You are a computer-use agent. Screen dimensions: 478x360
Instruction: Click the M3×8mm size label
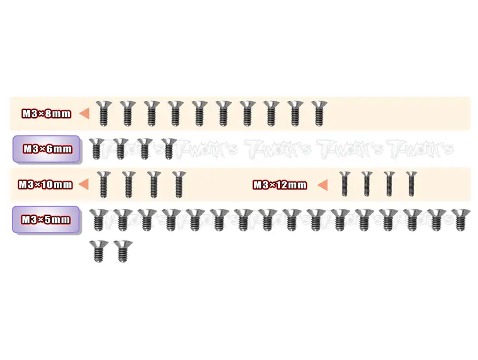coord(47,114)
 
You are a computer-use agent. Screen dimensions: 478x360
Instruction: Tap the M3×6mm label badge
coord(47,149)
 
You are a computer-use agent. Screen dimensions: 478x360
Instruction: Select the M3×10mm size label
coord(45,185)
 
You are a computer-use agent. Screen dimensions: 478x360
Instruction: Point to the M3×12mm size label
coord(280,185)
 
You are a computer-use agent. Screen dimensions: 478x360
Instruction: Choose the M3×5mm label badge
coord(46,219)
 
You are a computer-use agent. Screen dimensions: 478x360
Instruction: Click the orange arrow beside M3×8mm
coord(84,114)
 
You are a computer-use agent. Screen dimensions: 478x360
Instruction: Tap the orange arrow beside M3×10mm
coord(83,184)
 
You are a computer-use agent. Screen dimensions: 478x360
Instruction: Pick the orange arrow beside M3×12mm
coord(322,185)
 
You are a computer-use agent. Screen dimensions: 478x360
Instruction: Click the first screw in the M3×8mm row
coord(104,114)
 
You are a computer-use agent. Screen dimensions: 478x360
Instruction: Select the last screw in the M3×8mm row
coord(319,114)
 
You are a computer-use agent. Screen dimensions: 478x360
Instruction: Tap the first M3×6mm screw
coord(97,148)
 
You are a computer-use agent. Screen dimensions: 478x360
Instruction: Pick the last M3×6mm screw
coord(169,148)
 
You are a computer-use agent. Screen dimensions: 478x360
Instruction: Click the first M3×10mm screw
coord(103,185)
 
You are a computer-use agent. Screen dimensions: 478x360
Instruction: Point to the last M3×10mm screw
coord(179,185)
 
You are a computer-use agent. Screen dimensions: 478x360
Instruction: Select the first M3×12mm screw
coord(345,184)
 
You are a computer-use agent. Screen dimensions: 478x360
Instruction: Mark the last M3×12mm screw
coord(412,184)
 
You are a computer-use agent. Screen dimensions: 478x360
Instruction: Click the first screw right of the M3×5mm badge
coord(99,219)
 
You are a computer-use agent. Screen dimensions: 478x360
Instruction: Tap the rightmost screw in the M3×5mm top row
coord(461,219)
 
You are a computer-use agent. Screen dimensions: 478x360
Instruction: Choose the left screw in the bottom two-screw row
coord(99,251)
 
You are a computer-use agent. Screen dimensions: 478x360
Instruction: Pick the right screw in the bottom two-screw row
coord(123,251)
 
